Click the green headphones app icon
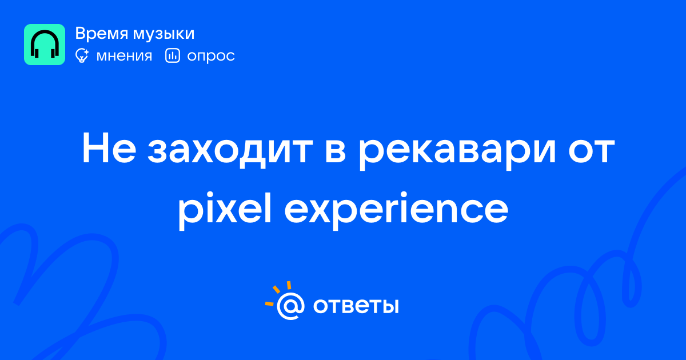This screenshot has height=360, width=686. [45, 45]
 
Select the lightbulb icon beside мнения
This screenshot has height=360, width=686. [82, 55]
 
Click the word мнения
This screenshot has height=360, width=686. [124, 56]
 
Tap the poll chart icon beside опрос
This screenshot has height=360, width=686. [173, 55]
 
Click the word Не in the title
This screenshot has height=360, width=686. [109, 148]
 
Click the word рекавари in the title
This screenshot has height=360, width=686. [457, 151]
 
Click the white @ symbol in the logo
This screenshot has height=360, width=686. [290, 306]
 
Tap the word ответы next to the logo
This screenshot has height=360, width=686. [356, 306]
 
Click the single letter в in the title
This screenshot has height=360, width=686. [336, 151]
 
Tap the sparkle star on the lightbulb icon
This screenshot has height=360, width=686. [86, 51]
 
